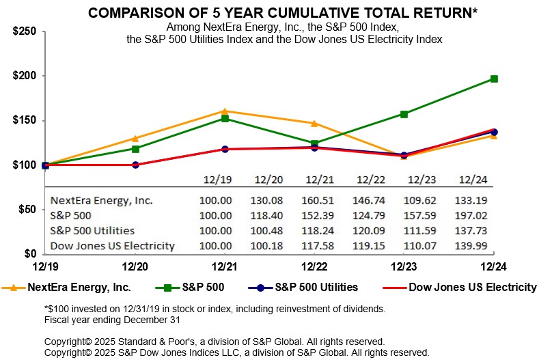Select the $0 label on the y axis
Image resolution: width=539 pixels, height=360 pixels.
[29, 254]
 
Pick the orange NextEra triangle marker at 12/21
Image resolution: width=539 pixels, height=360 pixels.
[225, 111]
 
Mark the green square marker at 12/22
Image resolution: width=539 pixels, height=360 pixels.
[314, 143]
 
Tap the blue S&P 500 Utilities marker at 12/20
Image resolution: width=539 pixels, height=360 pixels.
[135, 165]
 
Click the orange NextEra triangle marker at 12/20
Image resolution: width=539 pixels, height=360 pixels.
[135, 138]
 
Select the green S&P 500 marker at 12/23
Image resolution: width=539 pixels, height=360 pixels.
[404, 114]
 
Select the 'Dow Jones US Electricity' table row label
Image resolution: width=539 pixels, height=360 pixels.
[113, 246]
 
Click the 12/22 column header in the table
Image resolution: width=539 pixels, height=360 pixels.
[366, 180]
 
